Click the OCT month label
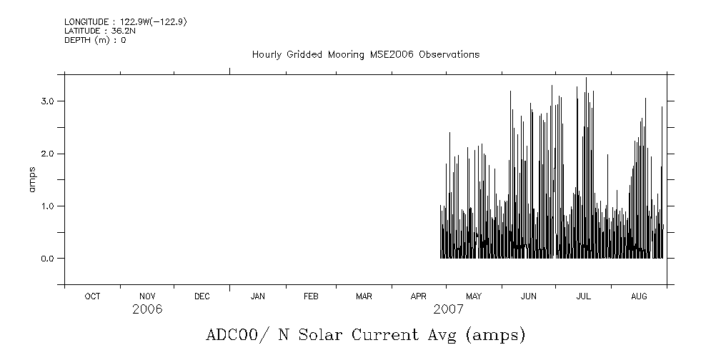click(92, 296)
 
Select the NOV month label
click(147, 296)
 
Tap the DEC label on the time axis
click(202, 296)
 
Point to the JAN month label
click(257, 296)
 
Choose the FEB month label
click(311, 296)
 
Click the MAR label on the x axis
click(364, 296)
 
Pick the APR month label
click(419, 296)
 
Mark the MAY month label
click(474, 296)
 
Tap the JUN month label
click(529, 296)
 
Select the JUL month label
click(583, 296)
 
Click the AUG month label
click(639, 296)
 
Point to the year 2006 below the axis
click(147, 309)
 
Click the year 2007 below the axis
click(448, 309)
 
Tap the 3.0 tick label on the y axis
click(48, 101)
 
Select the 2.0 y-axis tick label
click(48, 154)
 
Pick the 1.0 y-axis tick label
click(48, 206)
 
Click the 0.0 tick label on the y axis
click(48, 258)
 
